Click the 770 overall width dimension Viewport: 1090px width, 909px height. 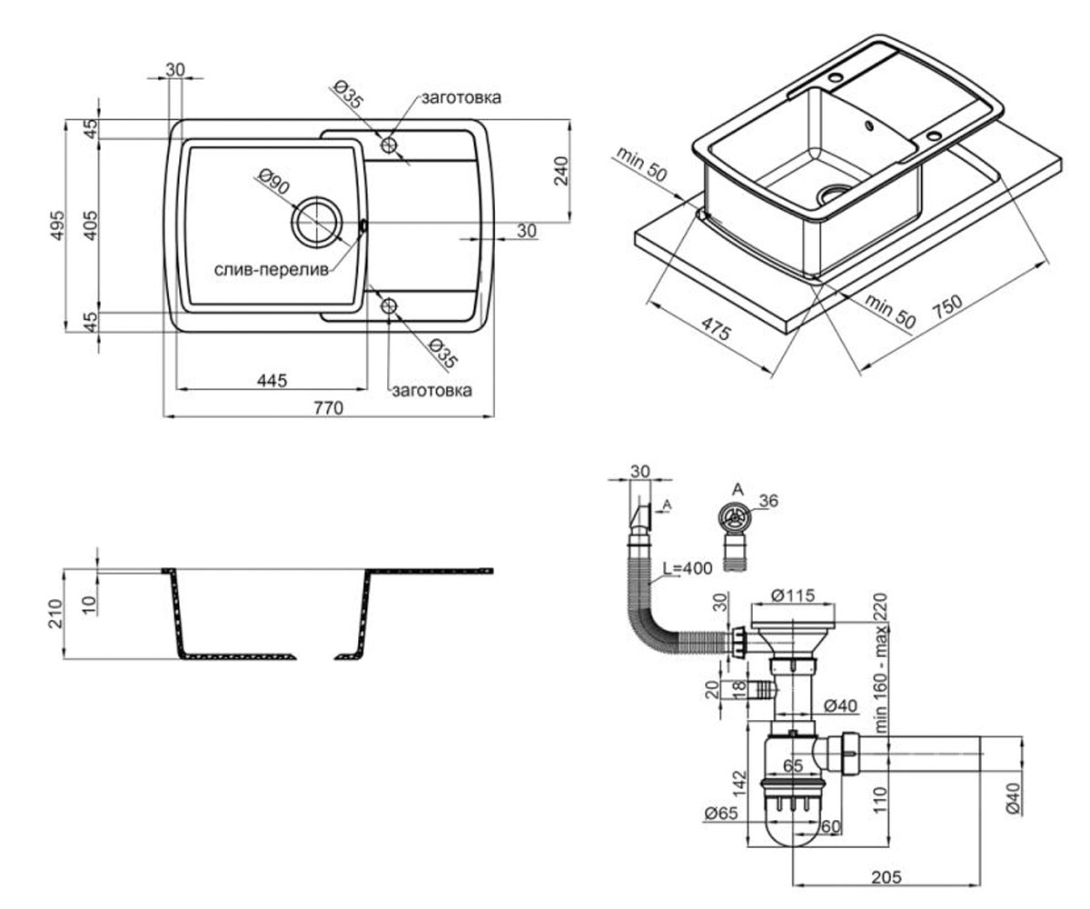[328, 407]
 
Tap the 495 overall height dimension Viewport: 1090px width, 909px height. [57, 225]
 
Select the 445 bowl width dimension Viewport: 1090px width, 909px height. [272, 380]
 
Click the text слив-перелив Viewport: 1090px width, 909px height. [272, 269]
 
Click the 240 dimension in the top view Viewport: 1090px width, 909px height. [561, 171]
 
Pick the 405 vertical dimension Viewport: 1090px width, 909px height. [91, 225]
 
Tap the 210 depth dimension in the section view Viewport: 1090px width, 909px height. [55, 614]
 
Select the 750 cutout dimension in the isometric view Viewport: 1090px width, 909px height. [947, 306]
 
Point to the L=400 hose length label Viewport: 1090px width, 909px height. [688, 568]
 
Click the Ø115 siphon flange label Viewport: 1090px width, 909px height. [792, 595]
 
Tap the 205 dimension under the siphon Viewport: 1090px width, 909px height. [887, 877]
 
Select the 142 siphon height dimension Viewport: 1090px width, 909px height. [739, 784]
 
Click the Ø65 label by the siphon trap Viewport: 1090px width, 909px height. [721, 814]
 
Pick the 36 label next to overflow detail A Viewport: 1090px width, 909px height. [768, 501]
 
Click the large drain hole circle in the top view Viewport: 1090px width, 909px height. [317, 197]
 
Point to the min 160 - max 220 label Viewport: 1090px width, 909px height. [880, 663]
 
